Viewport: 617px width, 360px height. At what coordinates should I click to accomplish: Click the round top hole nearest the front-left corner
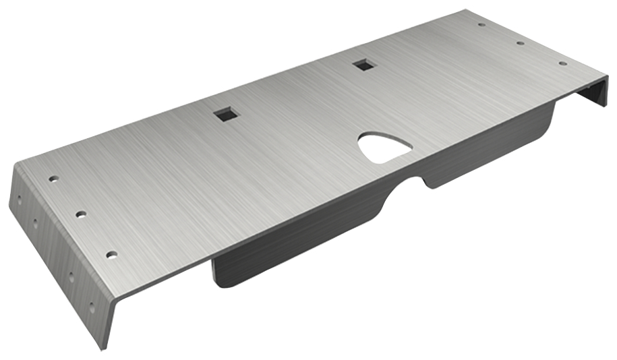click(x=111, y=255)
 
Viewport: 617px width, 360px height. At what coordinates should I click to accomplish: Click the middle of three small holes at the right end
click(x=521, y=43)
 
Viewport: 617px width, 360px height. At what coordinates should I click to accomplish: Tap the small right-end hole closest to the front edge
click(x=562, y=63)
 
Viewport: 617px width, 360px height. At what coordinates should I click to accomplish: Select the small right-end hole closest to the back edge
click(x=481, y=25)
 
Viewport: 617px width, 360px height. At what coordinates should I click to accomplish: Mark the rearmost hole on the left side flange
click(x=18, y=200)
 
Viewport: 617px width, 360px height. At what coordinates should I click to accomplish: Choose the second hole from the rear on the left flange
click(x=35, y=222)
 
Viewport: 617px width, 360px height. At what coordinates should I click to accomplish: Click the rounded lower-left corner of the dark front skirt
click(x=218, y=279)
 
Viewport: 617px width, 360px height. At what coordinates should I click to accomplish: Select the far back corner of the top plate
click(x=465, y=10)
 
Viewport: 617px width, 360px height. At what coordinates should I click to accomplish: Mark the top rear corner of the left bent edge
click(x=16, y=164)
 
